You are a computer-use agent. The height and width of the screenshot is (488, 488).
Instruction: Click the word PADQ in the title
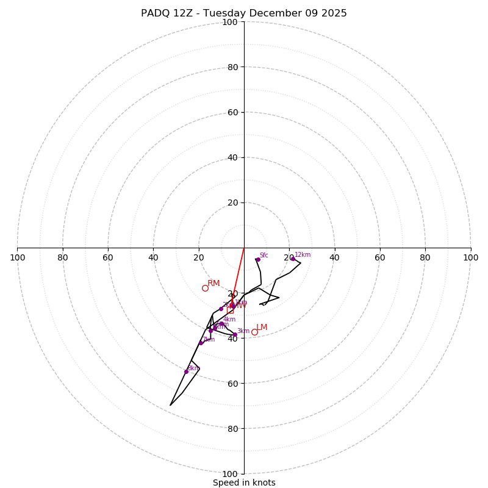point(154,13)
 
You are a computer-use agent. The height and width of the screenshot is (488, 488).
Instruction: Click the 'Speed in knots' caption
point(244,483)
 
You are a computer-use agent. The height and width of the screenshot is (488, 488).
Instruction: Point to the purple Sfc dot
point(258,259)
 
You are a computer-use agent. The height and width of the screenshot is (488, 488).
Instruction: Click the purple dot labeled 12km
point(293,259)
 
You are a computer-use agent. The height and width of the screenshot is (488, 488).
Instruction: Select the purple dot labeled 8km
point(186,371)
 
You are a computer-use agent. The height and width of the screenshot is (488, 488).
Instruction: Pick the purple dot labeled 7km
point(201,343)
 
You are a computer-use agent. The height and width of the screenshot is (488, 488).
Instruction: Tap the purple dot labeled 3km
point(235,335)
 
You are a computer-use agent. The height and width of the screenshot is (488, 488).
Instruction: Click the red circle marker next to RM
point(205,289)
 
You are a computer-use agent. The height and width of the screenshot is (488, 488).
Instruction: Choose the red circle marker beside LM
point(254,332)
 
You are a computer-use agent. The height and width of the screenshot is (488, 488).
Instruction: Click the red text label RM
point(213,283)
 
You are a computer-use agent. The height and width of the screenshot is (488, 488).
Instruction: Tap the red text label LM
point(262,328)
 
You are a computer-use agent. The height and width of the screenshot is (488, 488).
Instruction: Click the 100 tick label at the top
point(230,22)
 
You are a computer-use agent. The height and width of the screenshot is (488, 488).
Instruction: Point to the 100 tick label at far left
point(18,257)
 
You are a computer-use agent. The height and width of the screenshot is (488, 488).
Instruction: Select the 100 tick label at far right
point(470,257)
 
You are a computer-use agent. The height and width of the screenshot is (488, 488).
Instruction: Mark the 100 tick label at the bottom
point(230,474)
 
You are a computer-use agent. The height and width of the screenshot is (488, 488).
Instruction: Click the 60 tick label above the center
point(232,112)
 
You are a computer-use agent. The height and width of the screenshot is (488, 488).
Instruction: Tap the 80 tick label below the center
point(232,429)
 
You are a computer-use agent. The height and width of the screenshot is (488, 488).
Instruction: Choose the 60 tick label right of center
point(380,257)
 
